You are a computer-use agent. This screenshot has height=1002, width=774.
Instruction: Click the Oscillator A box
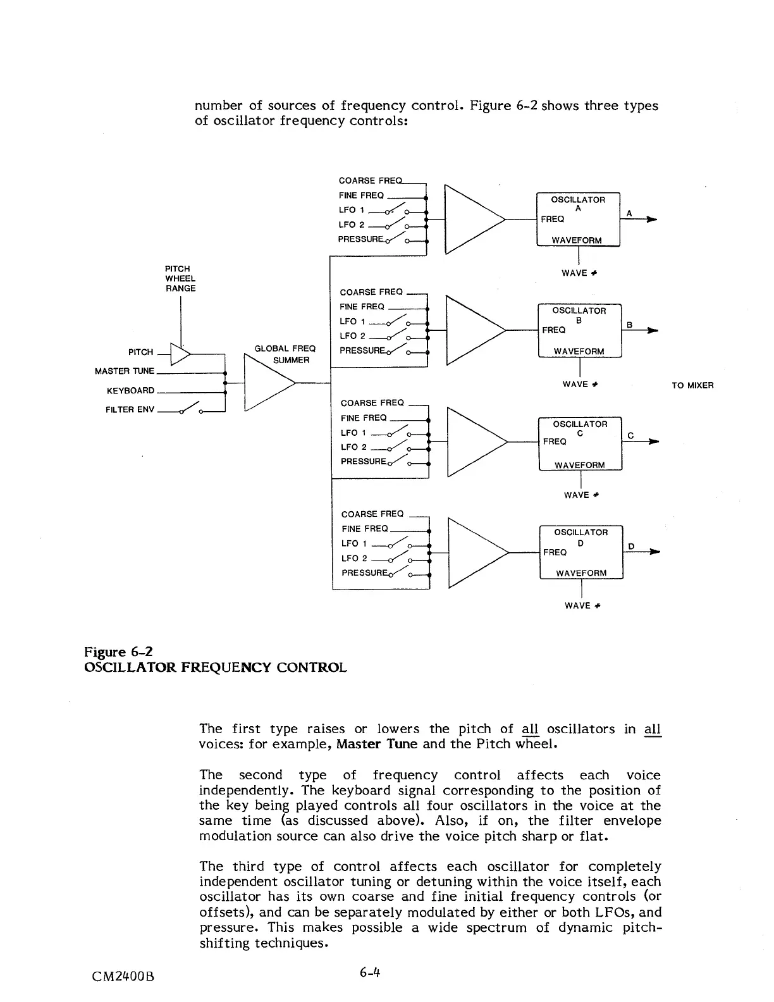pos(578,219)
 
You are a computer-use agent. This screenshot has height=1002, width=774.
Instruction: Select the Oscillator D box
pos(580,552)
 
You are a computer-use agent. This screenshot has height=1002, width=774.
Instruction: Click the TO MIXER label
pos(692,385)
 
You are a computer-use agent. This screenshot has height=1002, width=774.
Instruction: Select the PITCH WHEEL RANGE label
pos(180,278)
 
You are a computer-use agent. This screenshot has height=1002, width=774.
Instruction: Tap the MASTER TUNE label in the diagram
pos(125,371)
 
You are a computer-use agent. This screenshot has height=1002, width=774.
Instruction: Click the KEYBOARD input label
pos(130,390)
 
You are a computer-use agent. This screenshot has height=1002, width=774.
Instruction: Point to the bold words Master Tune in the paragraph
pos(376,744)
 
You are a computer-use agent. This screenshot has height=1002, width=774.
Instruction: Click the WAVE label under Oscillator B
pos(580,385)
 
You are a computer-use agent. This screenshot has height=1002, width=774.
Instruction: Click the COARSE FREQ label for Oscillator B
pos(371,292)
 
